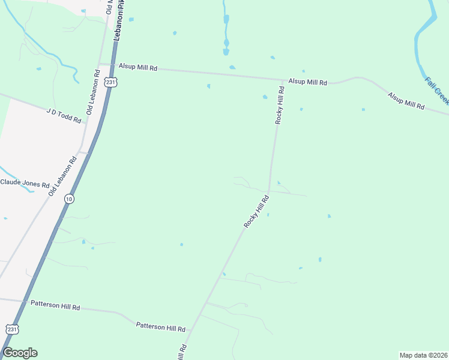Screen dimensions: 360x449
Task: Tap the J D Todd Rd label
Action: point(64,115)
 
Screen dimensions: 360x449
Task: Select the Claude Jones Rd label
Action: point(25,183)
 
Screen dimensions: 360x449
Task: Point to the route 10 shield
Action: point(70,199)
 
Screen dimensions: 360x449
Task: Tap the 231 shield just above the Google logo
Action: point(13,329)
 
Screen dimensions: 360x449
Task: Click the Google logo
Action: point(20,353)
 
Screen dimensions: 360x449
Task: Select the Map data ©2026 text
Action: point(423,355)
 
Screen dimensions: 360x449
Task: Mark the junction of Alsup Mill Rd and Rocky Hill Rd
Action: point(283,80)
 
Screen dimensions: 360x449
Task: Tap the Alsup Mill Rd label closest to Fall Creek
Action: point(406,100)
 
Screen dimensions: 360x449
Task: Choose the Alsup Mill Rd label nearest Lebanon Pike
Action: point(137,68)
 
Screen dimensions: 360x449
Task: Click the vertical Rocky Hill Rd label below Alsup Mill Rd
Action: point(279,105)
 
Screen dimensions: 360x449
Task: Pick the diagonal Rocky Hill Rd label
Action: point(255,212)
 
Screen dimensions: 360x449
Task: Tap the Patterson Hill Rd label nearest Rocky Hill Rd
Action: point(161,327)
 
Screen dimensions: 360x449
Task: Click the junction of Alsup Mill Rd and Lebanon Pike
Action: point(112,65)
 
